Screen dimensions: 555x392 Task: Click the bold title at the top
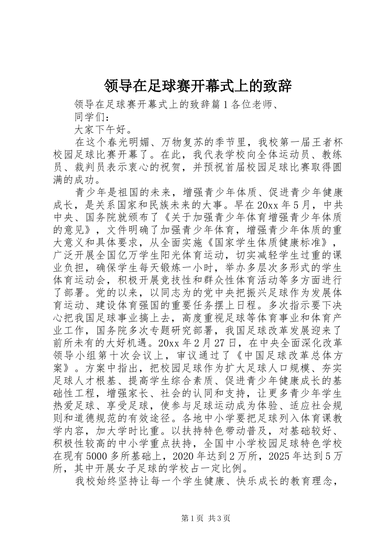(198, 86)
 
